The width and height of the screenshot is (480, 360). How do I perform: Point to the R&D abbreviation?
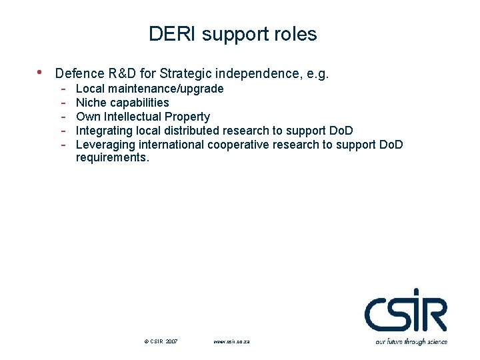point(126,73)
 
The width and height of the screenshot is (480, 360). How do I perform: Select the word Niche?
point(91,103)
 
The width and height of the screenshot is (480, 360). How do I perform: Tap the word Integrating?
point(104,131)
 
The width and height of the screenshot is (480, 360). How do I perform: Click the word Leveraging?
point(105,145)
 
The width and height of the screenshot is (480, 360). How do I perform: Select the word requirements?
point(113,158)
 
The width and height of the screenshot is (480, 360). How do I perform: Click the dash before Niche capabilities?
point(62,103)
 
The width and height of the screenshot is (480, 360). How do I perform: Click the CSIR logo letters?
point(405,312)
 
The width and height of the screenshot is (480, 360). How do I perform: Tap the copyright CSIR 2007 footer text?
point(161,341)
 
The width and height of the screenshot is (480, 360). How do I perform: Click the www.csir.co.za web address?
point(231,341)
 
